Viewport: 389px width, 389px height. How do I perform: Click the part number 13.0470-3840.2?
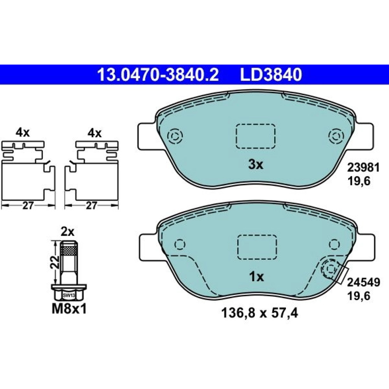click(x=158, y=75)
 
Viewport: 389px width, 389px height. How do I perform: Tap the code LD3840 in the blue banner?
click(x=271, y=75)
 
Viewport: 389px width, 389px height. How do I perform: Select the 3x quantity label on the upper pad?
click(x=256, y=165)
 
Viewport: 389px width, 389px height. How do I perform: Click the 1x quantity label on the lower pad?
click(x=256, y=277)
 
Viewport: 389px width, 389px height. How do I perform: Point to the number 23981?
click(x=363, y=168)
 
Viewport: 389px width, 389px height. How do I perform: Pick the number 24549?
click(x=363, y=282)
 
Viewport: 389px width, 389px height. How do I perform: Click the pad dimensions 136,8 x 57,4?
click(x=259, y=313)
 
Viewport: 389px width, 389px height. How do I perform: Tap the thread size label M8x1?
click(x=69, y=309)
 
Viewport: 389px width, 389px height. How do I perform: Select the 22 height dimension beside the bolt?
click(x=55, y=263)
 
